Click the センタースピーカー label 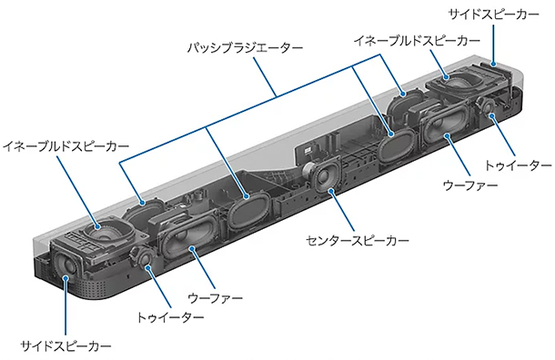click(x=356, y=242)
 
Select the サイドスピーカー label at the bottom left click(x=66, y=346)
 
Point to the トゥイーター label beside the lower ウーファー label click(x=170, y=317)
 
